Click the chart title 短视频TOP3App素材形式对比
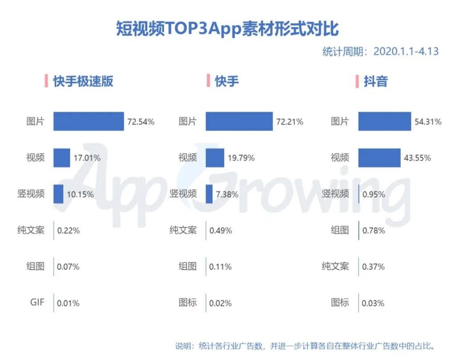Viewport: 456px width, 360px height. (x=228, y=28)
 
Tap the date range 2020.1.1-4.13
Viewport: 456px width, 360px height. (x=406, y=51)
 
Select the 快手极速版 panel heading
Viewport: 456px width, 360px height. (x=83, y=81)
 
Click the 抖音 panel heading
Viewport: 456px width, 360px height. (x=375, y=81)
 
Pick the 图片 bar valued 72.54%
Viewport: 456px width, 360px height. (x=89, y=121)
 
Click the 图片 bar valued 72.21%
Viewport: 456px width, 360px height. (x=239, y=121)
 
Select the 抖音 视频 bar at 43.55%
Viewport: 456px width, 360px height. (x=379, y=158)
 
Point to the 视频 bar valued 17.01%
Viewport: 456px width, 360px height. (x=62, y=158)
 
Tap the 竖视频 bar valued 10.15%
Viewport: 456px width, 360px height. (x=58, y=194)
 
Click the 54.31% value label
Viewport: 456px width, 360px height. (x=428, y=121)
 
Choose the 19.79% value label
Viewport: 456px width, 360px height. (x=241, y=158)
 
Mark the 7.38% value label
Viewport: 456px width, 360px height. (x=227, y=194)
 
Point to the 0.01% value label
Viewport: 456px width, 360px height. (x=68, y=303)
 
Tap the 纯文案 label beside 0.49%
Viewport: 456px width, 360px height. (x=183, y=230)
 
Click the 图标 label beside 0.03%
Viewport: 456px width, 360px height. (x=340, y=303)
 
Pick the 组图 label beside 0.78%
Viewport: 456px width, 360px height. (x=340, y=230)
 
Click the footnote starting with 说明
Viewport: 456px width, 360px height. (x=304, y=346)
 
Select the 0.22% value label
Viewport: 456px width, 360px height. (x=69, y=231)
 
